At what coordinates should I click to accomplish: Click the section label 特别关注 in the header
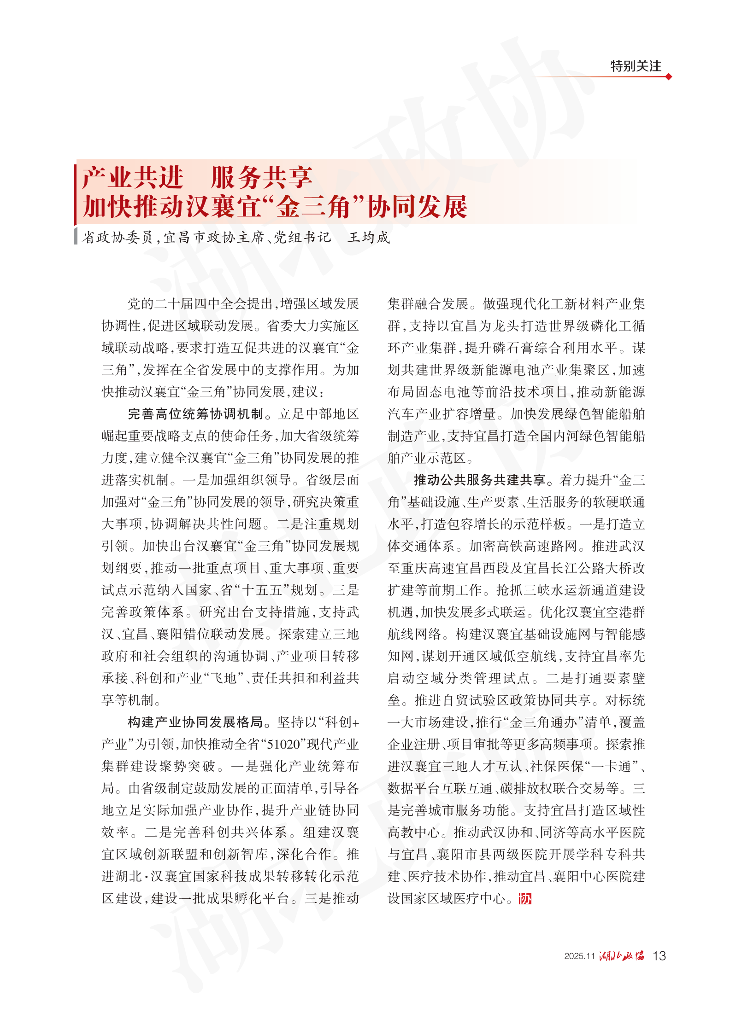click(636, 66)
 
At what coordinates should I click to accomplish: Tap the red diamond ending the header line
click(669, 76)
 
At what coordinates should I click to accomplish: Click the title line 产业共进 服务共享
click(197, 178)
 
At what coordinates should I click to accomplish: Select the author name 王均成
click(369, 237)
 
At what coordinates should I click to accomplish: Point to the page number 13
click(660, 956)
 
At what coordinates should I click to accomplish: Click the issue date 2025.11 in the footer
click(579, 956)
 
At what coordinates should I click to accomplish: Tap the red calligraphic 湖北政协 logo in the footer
click(622, 956)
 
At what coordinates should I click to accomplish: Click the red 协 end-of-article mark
click(525, 898)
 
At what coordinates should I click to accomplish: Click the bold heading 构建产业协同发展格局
click(195, 722)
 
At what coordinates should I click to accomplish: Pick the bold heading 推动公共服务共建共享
click(480, 480)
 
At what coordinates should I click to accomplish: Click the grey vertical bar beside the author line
click(76, 236)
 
